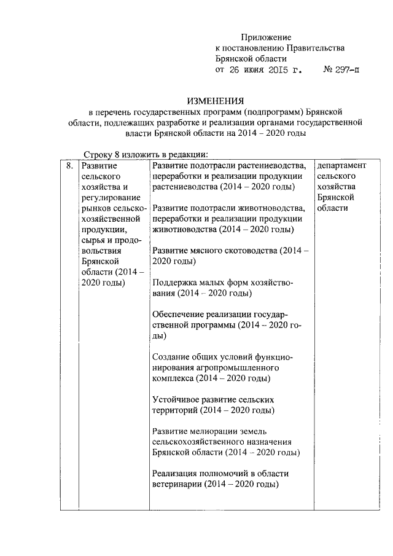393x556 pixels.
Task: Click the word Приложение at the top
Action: pyautogui.click(x=266, y=37)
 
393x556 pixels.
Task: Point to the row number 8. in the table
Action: pyautogui.click(x=69, y=166)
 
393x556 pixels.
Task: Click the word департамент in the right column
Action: pyautogui.click(x=341, y=166)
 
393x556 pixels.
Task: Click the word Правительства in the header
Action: pyautogui.click(x=314, y=48)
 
